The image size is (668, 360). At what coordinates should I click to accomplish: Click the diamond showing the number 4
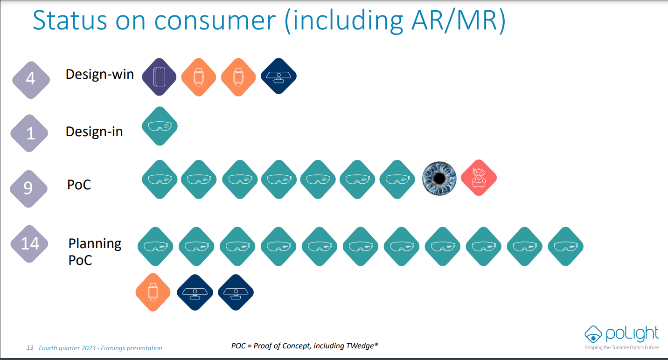pyautogui.click(x=31, y=80)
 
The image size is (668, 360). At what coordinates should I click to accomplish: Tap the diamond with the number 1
pyautogui.click(x=29, y=133)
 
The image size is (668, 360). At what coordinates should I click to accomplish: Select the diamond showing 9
pyautogui.click(x=28, y=189)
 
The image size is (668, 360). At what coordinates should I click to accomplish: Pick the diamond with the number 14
pyautogui.click(x=29, y=244)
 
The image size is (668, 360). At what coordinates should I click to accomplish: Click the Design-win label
pyautogui.click(x=100, y=74)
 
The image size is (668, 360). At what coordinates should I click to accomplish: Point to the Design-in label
pyautogui.click(x=94, y=132)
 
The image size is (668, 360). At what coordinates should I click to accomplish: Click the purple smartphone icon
pyautogui.click(x=159, y=77)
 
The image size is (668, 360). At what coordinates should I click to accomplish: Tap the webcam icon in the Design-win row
pyautogui.click(x=278, y=76)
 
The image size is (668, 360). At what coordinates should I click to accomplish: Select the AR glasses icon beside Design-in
pyautogui.click(x=160, y=126)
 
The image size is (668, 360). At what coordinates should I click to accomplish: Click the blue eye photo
pyautogui.click(x=439, y=179)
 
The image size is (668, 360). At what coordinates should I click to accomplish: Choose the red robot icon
pyautogui.click(x=479, y=178)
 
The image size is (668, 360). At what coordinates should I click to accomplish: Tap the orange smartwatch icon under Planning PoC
pyautogui.click(x=153, y=292)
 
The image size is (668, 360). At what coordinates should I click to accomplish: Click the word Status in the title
pyautogui.click(x=70, y=20)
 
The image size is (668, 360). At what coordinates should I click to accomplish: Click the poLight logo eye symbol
pyautogui.click(x=593, y=334)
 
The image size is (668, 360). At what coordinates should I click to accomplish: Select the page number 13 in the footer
pyautogui.click(x=30, y=348)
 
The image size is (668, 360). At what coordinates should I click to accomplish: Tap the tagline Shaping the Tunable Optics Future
pyautogui.click(x=621, y=347)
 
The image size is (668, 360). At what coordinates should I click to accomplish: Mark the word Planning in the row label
pyautogui.click(x=95, y=244)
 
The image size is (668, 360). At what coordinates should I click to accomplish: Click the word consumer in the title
pyautogui.click(x=215, y=20)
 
